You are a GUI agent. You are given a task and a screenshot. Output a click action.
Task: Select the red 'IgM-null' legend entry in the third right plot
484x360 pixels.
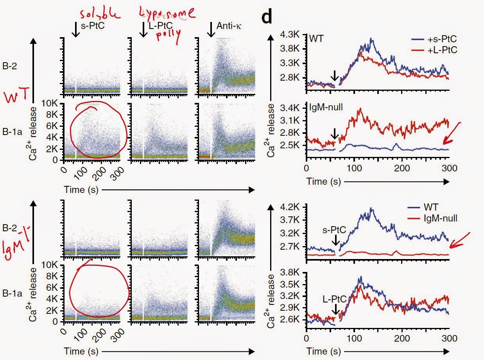(x=440, y=219)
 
